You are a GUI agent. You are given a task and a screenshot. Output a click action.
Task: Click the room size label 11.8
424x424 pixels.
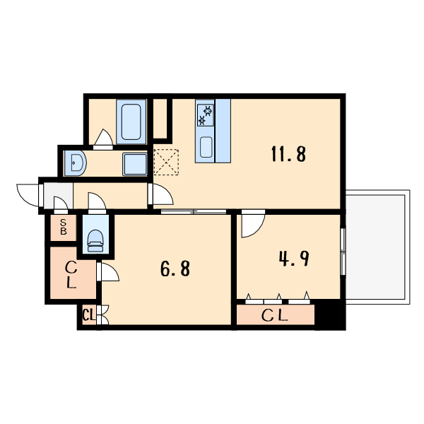(x=288, y=153)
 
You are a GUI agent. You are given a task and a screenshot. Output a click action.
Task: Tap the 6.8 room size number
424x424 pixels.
(x=175, y=269)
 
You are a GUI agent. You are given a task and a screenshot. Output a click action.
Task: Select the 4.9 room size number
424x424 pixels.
(x=294, y=259)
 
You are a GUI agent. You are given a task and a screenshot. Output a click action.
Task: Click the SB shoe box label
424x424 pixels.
(x=64, y=227)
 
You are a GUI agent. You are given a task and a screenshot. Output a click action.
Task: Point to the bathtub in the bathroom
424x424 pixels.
(x=131, y=122)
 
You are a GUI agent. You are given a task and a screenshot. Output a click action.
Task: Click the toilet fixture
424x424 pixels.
(x=95, y=241)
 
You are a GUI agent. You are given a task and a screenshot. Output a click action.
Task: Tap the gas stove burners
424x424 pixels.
(x=205, y=115)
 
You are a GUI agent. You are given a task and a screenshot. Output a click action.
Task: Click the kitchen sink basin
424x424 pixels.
(x=206, y=147)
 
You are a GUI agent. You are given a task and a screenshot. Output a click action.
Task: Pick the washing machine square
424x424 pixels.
(x=135, y=164)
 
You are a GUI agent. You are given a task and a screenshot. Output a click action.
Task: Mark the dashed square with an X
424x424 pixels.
(x=166, y=162)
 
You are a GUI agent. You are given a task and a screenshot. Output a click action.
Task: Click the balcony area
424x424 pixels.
(x=378, y=247)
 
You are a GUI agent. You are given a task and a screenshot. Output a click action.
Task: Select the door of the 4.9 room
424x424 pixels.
(x=253, y=223)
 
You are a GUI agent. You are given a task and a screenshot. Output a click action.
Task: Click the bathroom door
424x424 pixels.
(x=103, y=139)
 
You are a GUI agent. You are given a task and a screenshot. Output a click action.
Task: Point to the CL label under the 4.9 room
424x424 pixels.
(x=274, y=315)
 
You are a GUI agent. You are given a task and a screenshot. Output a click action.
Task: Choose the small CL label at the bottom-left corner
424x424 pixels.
(x=89, y=315)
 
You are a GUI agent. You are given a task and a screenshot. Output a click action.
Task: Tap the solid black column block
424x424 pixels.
(x=330, y=314)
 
